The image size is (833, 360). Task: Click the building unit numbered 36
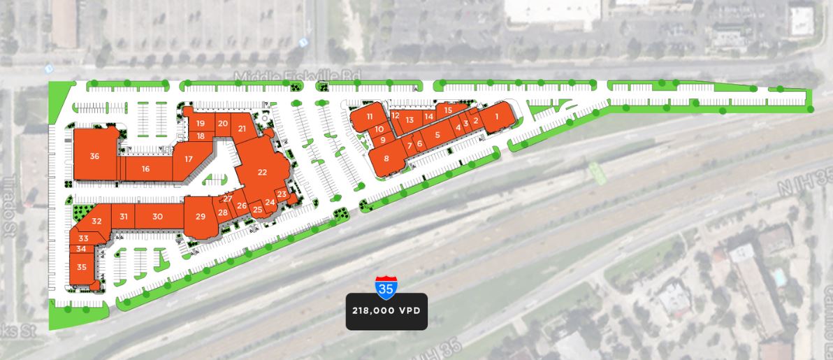(94, 156)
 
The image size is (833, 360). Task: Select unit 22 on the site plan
(262, 172)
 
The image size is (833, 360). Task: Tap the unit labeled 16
(145, 168)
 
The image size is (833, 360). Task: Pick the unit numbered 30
(158, 217)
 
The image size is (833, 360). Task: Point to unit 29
(201, 217)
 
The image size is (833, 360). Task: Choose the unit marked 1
(497, 116)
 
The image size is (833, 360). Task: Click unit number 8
(386, 158)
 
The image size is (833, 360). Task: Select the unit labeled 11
(370, 116)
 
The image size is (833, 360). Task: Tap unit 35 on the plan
(82, 267)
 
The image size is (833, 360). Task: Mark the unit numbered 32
(96, 221)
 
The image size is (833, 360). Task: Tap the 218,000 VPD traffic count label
(386, 309)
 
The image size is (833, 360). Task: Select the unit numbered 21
(242, 129)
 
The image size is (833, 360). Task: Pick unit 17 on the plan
(189, 159)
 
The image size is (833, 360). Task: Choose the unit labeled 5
(437, 135)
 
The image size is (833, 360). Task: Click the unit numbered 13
(410, 120)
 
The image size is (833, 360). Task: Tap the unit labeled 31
(124, 217)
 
